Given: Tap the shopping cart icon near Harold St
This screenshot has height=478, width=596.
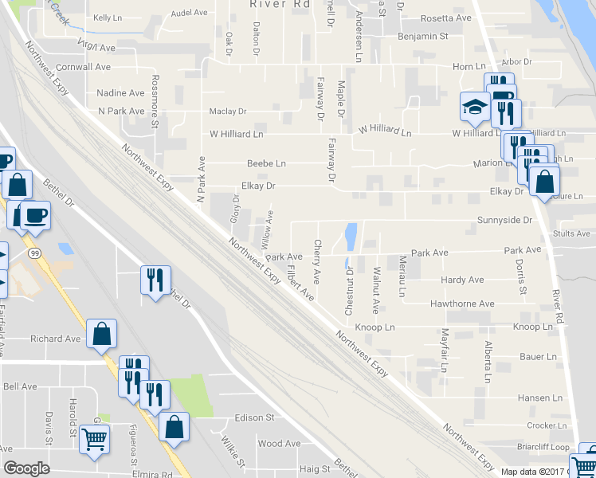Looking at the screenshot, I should click(95, 439).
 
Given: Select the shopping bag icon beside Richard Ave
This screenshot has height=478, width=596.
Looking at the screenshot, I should click(102, 335).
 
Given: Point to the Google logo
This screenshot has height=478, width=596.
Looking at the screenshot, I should click(26, 468).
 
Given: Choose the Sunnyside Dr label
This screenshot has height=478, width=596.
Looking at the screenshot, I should click(504, 220).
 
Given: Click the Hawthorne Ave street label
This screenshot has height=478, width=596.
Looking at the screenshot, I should click(462, 304).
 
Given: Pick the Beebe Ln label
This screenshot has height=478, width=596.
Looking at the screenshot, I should click(266, 163).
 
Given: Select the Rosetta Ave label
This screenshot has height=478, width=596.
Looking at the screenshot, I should click(446, 18).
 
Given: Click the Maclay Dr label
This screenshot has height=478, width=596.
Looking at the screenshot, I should click(228, 112).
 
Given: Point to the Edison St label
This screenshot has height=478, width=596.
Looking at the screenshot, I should click(254, 417).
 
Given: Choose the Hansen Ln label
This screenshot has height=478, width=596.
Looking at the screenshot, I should click(539, 398).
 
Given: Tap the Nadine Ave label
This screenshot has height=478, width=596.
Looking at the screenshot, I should click(120, 93).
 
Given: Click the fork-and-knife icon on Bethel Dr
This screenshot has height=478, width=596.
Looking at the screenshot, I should click(155, 280).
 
